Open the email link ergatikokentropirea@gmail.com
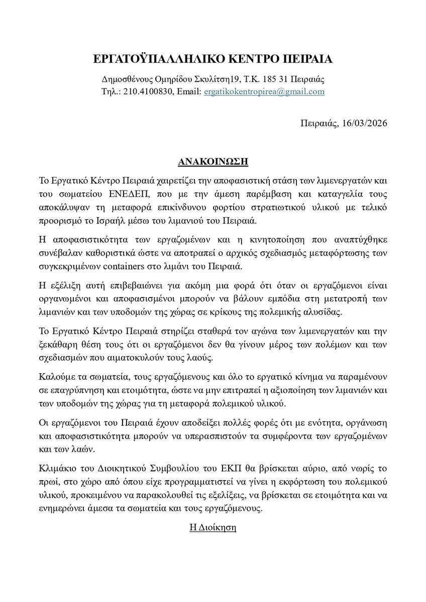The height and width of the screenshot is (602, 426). coord(264,92)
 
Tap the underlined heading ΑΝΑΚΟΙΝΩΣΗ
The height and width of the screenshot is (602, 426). coord(213,163)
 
